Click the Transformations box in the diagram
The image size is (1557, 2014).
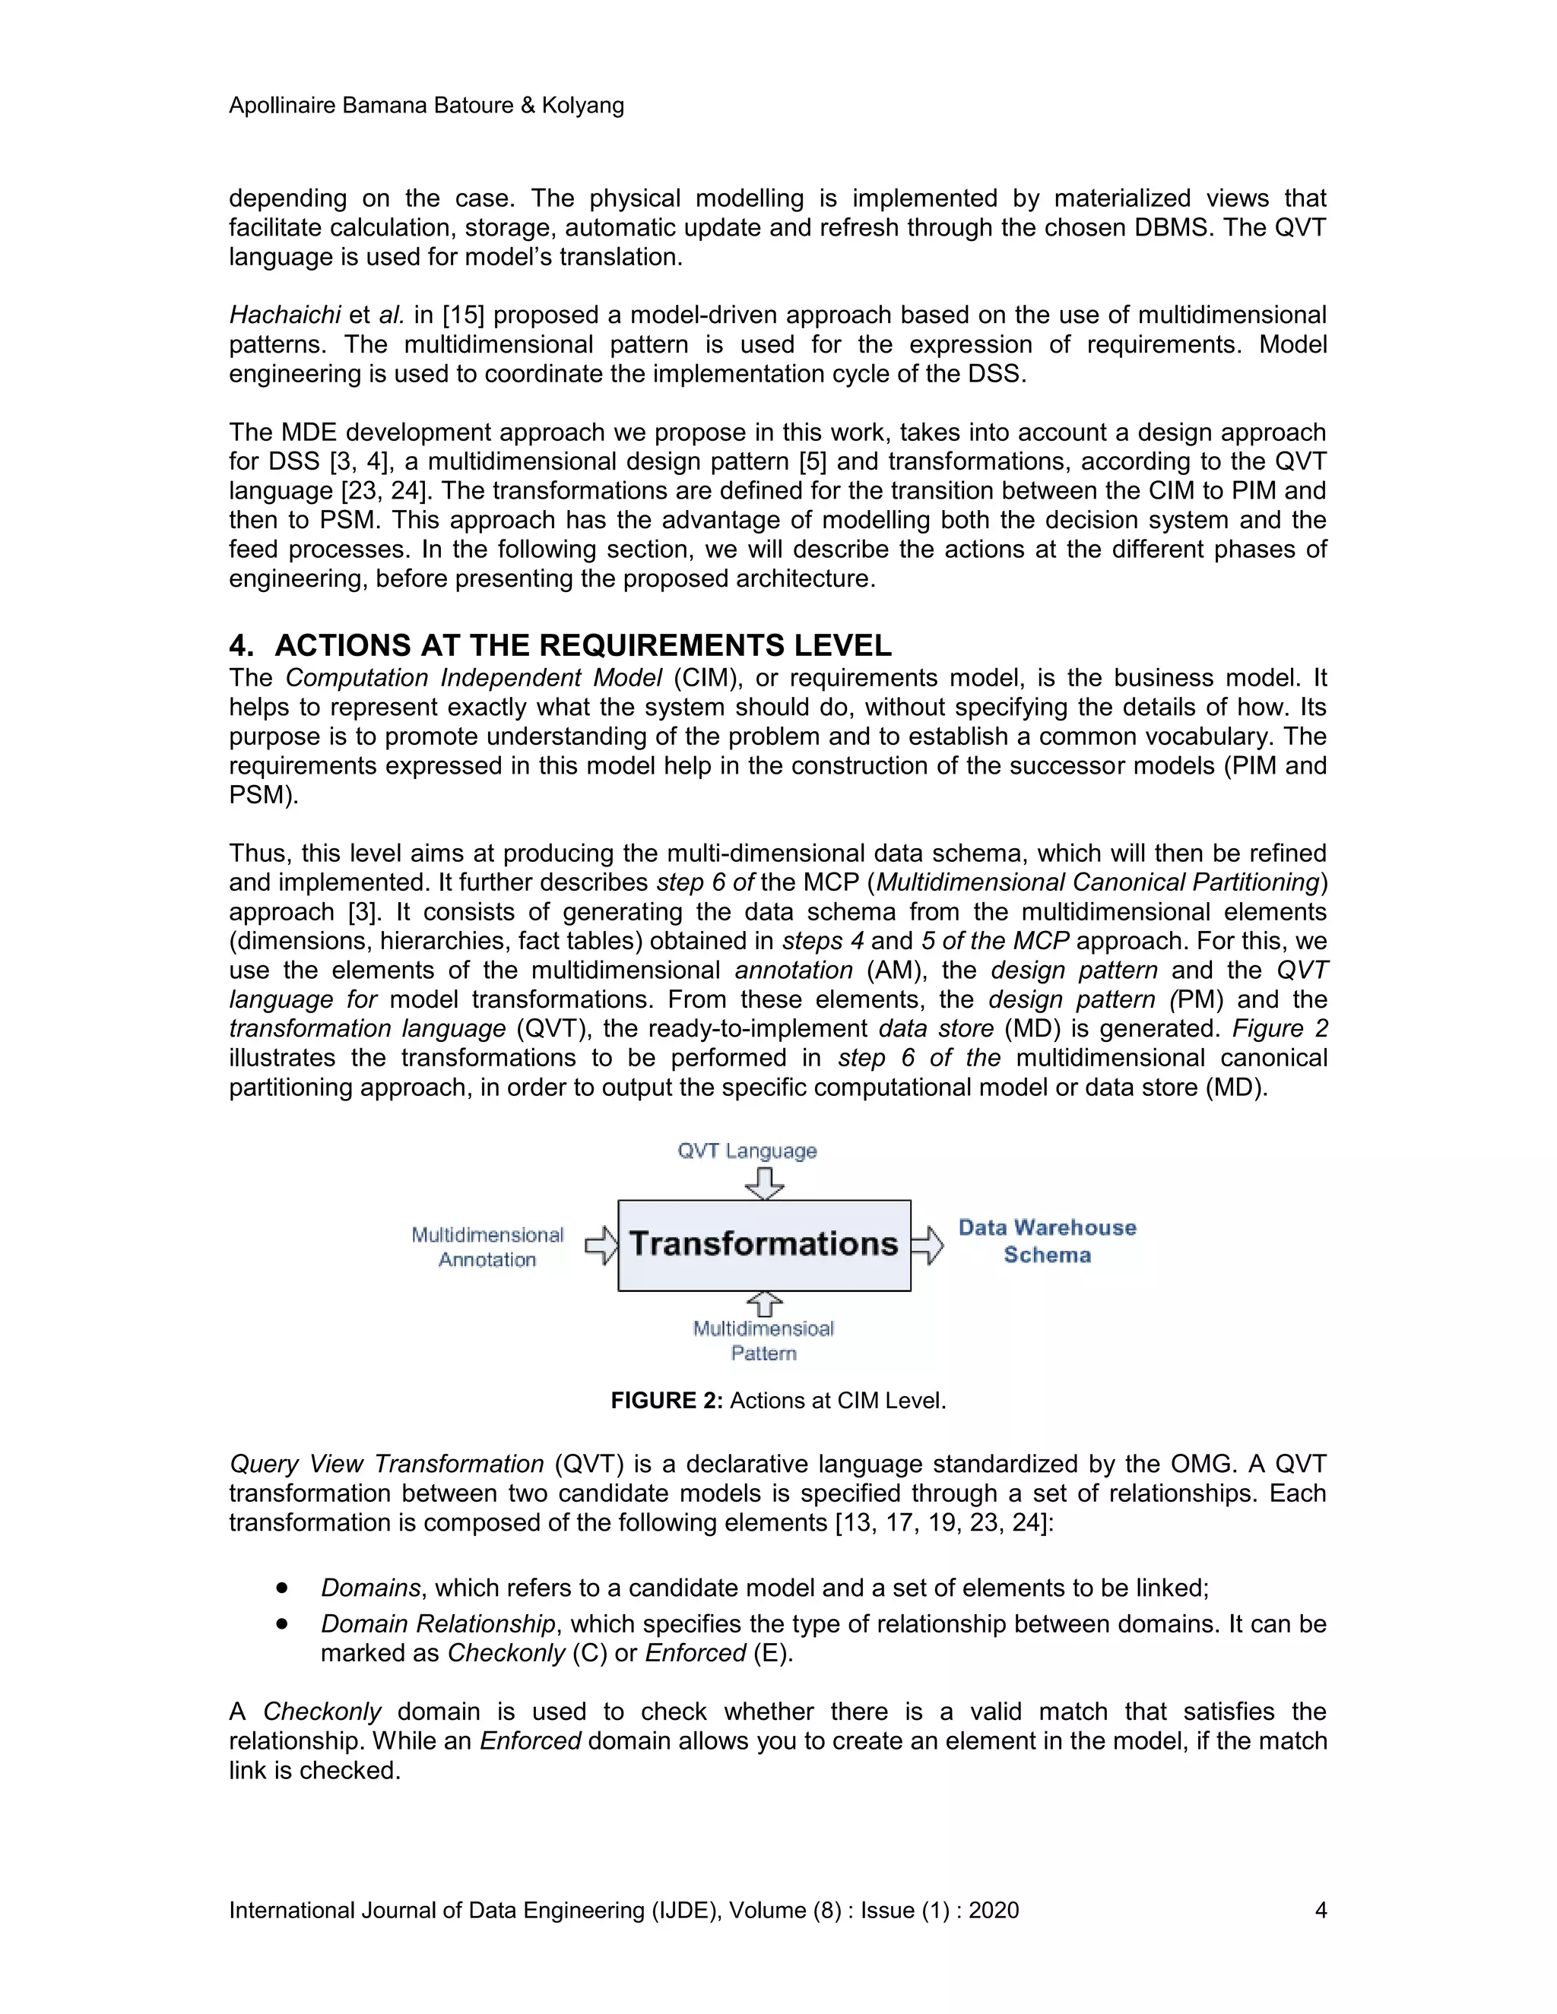point(764,1245)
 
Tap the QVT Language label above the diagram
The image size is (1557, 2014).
point(747,1151)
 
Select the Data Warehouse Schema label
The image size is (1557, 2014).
point(1047,1241)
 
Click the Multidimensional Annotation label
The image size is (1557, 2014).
point(487,1246)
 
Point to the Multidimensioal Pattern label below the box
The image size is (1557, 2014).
point(764,1341)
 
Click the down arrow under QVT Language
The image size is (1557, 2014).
point(764,1183)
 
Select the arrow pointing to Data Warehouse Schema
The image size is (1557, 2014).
point(928,1245)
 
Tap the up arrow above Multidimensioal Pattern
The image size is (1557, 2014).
point(764,1304)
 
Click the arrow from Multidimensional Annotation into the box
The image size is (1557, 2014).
point(601,1245)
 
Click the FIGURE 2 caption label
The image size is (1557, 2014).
point(666,1401)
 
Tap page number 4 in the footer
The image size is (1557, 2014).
point(1320,1911)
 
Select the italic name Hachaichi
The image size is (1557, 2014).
point(285,315)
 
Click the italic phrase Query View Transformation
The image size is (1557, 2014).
point(386,1465)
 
